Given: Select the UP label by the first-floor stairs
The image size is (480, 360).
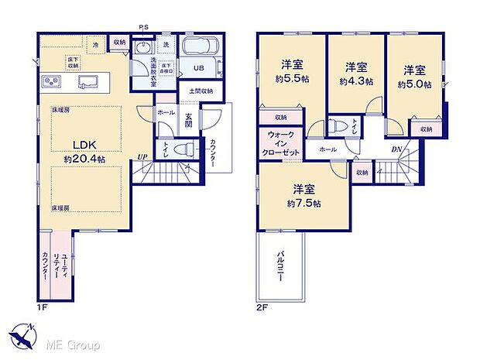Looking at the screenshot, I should [142, 158].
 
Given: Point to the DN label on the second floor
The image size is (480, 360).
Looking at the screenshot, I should [396, 149].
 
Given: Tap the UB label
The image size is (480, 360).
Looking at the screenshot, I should [198, 68].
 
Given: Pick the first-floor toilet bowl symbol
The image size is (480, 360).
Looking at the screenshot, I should [179, 149].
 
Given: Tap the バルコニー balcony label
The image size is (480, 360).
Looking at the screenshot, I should [279, 268].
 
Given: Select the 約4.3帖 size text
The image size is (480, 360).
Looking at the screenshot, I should [355, 81].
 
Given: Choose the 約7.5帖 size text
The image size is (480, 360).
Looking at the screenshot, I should [303, 204].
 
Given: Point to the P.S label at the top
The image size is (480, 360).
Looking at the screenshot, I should [144, 29].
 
